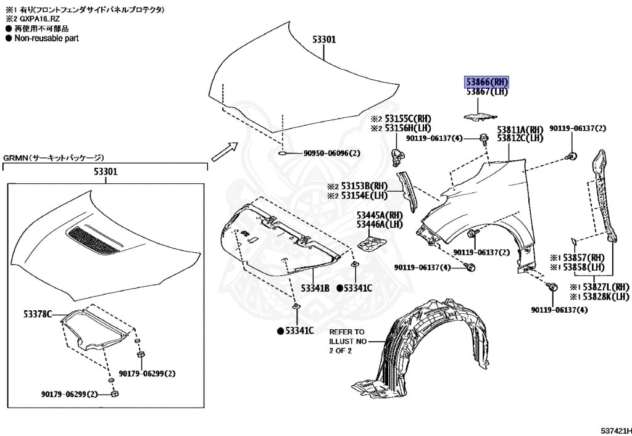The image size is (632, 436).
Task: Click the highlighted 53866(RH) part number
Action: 487,82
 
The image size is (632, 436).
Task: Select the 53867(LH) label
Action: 487,92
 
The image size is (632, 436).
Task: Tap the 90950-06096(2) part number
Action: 331,154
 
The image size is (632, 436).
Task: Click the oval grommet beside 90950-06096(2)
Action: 283,154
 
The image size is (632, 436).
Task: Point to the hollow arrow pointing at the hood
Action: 225,152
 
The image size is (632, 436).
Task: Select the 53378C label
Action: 38,314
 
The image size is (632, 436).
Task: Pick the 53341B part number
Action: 315,288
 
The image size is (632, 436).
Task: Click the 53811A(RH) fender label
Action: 520,130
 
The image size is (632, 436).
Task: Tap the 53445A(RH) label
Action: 380,215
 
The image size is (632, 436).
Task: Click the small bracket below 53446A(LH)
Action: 372,244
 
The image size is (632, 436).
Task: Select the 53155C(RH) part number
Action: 407,119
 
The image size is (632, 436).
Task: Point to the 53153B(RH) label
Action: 364,186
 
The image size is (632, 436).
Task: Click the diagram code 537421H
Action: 616,431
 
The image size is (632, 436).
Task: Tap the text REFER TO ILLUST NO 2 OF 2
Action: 347,341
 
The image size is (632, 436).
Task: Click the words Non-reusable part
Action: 46,38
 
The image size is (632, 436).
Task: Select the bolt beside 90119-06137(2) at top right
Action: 572,156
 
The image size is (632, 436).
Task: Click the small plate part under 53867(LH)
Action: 479,117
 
